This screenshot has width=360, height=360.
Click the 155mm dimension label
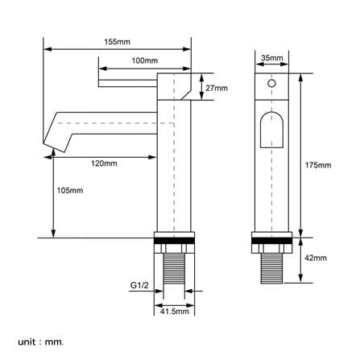(x=117, y=42)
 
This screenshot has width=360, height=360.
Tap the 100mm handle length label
(x=144, y=60)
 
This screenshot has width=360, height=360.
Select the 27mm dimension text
(x=217, y=88)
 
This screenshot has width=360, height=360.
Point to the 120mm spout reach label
(x=104, y=163)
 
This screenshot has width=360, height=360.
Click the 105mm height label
(x=70, y=191)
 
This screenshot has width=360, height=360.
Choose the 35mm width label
(x=272, y=58)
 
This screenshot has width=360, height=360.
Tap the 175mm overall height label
(x=318, y=165)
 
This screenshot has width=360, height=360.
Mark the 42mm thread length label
(x=316, y=258)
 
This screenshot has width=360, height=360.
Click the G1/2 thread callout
(x=139, y=285)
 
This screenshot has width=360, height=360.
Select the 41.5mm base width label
(x=175, y=312)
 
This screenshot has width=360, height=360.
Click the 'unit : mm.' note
(x=41, y=342)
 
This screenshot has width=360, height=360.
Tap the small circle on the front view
(x=271, y=84)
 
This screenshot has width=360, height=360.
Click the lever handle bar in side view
(x=128, y=83)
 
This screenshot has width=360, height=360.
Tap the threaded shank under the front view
(x=271, y=268)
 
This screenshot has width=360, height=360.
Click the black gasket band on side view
(x=174, y=241)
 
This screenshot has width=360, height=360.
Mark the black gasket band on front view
(x=271, y=241)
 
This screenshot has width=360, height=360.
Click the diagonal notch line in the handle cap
(x=186, y=95)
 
